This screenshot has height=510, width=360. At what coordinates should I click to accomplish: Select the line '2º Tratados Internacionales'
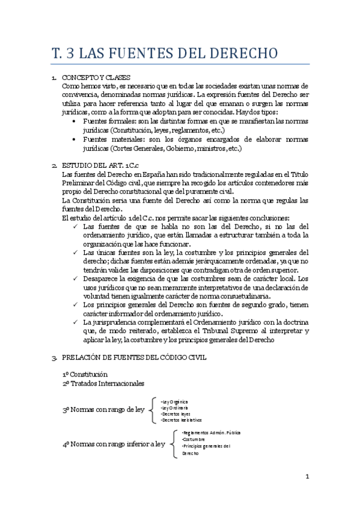point(103,383)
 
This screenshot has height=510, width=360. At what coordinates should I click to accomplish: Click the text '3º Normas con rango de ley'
point(103,410)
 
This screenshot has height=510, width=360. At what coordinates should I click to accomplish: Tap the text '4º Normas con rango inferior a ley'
point(114,444)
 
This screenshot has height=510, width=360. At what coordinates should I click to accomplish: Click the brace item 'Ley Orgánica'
point(175,401)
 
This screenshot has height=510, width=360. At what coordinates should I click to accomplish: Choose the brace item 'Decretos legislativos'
point(183,420)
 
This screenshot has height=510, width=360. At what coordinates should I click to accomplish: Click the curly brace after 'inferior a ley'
point(175,443)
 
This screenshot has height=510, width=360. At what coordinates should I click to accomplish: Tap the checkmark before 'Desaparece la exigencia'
point(74,280)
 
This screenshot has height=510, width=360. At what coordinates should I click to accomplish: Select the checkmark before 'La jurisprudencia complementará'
point(74,323)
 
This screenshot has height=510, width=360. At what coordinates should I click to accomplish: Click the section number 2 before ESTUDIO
point(54,166)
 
